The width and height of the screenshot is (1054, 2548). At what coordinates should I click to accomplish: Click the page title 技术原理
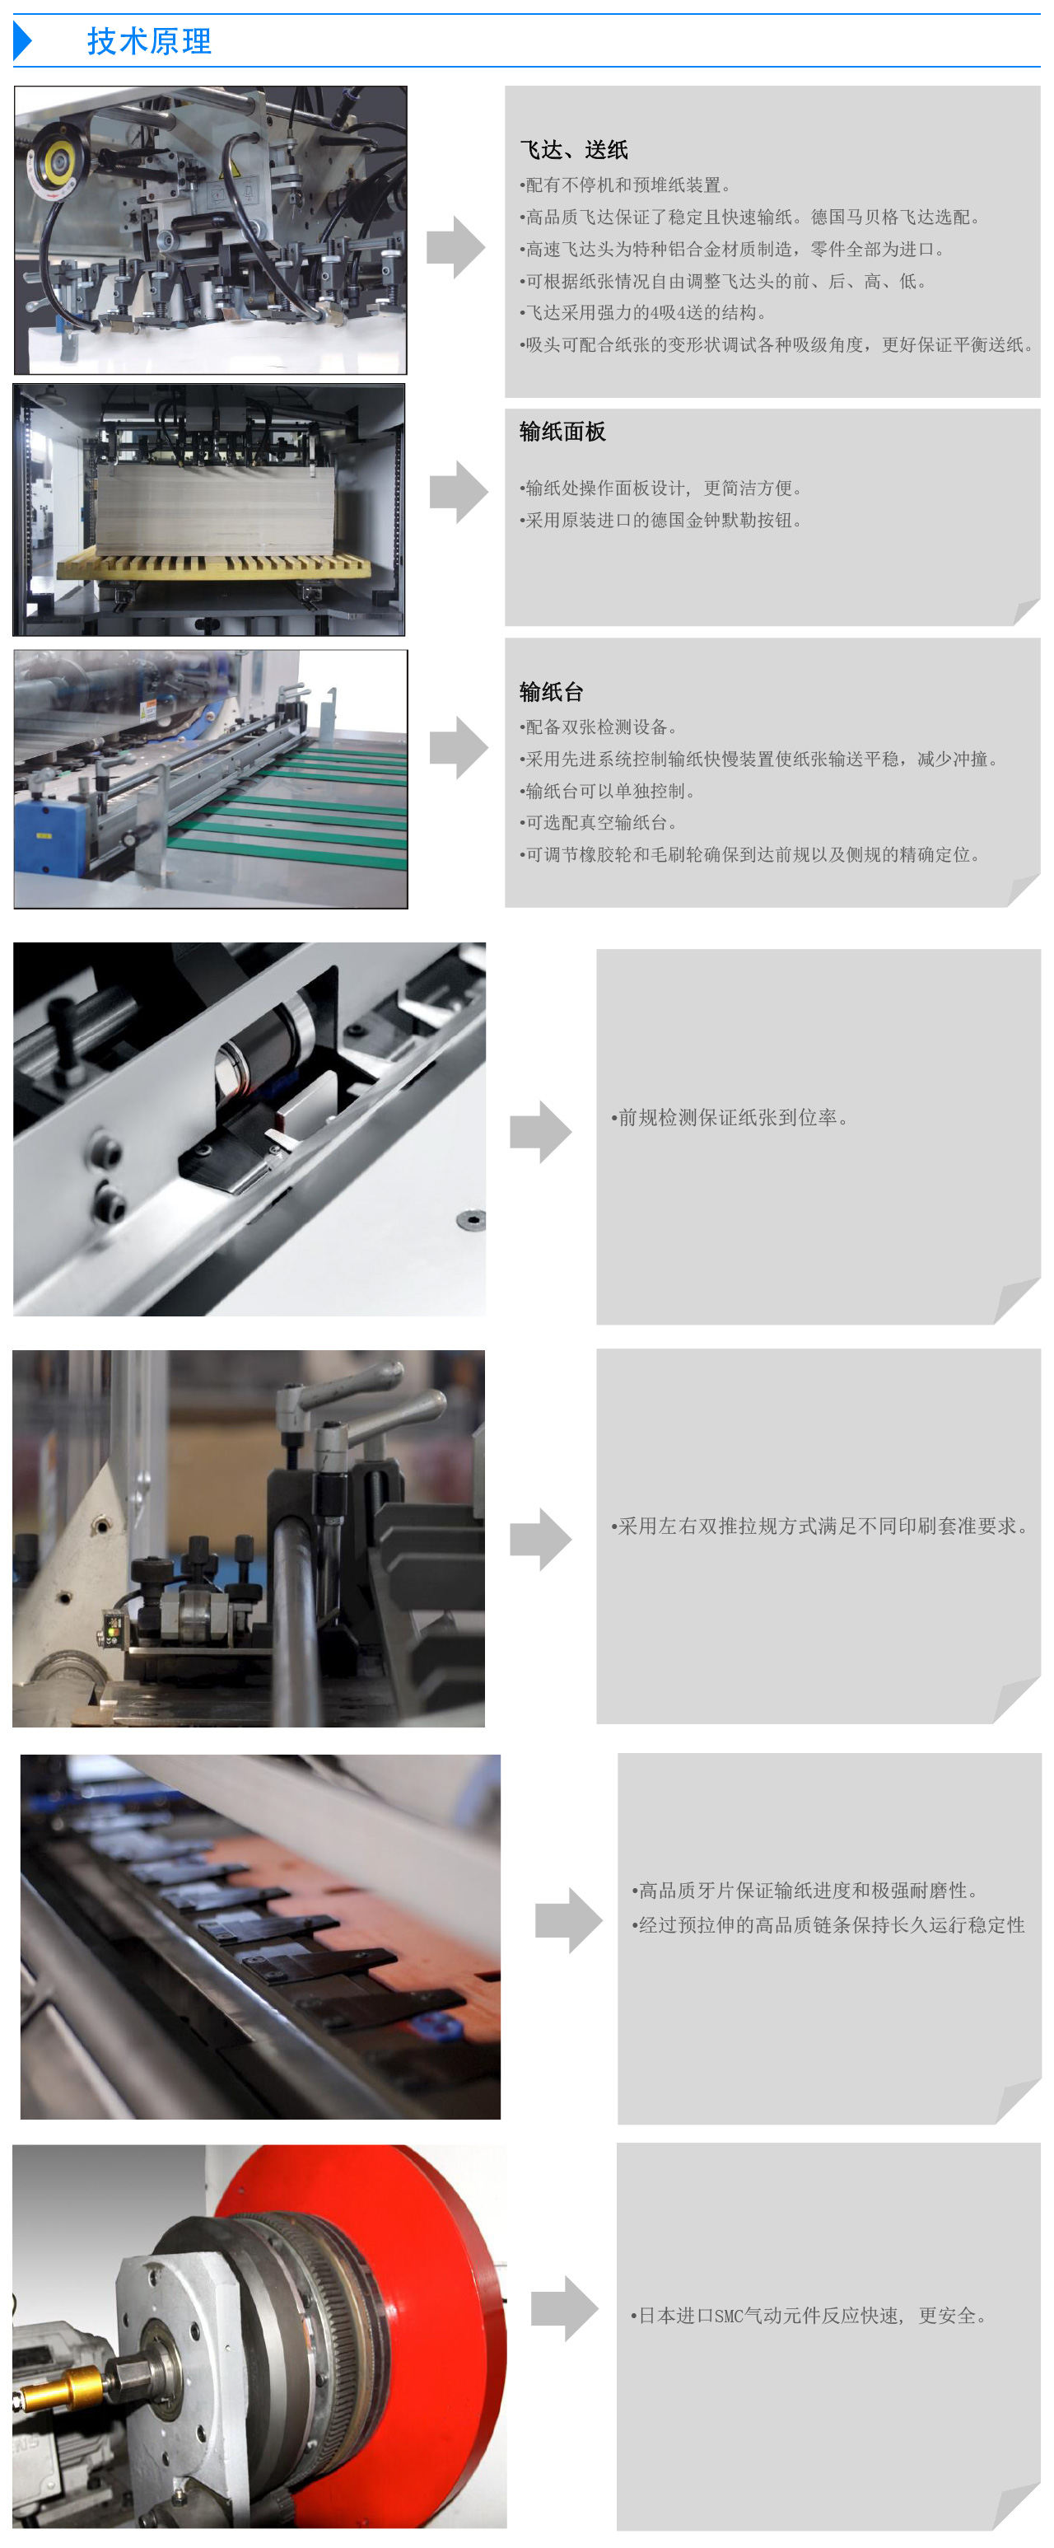point(149,41)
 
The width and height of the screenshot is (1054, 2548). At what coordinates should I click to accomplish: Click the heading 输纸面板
point(562,432)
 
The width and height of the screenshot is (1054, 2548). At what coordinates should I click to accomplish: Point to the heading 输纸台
point(551,691)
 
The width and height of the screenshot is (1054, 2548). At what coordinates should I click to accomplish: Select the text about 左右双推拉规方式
point(821,1526)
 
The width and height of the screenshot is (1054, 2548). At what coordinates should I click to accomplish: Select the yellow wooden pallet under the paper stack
point(212,566)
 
